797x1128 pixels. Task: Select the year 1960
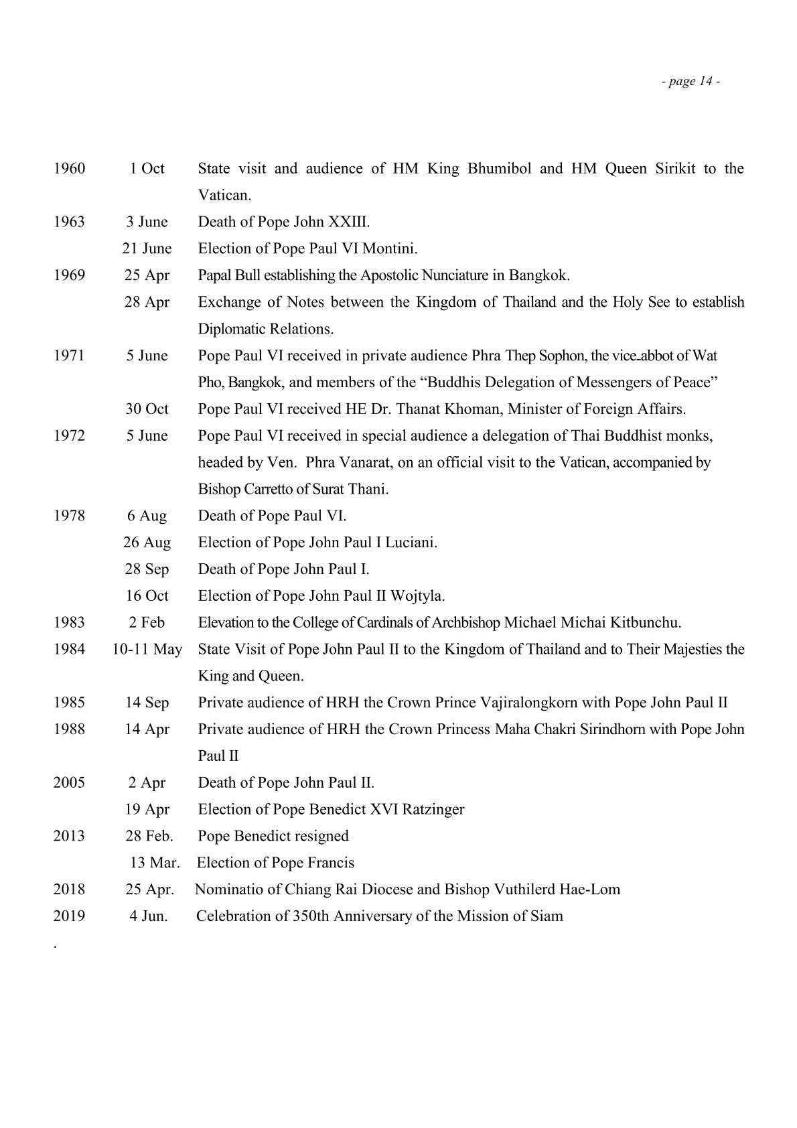(x=70, y=168)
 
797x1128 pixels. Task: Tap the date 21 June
(x=147, y=249)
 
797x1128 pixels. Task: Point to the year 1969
(x=70, y=275)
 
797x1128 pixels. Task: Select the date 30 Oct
(x=147, y=409)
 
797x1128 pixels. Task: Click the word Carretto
(x=262, y=489)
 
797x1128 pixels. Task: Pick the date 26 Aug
(x=147, y=543)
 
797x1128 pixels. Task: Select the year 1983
(x=70, y=622)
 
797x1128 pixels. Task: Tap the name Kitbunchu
(x=646, y=622)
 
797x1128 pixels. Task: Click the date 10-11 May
(x=147, y=649)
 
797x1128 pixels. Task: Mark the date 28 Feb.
(x=149, y=836)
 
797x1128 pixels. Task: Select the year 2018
(x=70, y=890)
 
